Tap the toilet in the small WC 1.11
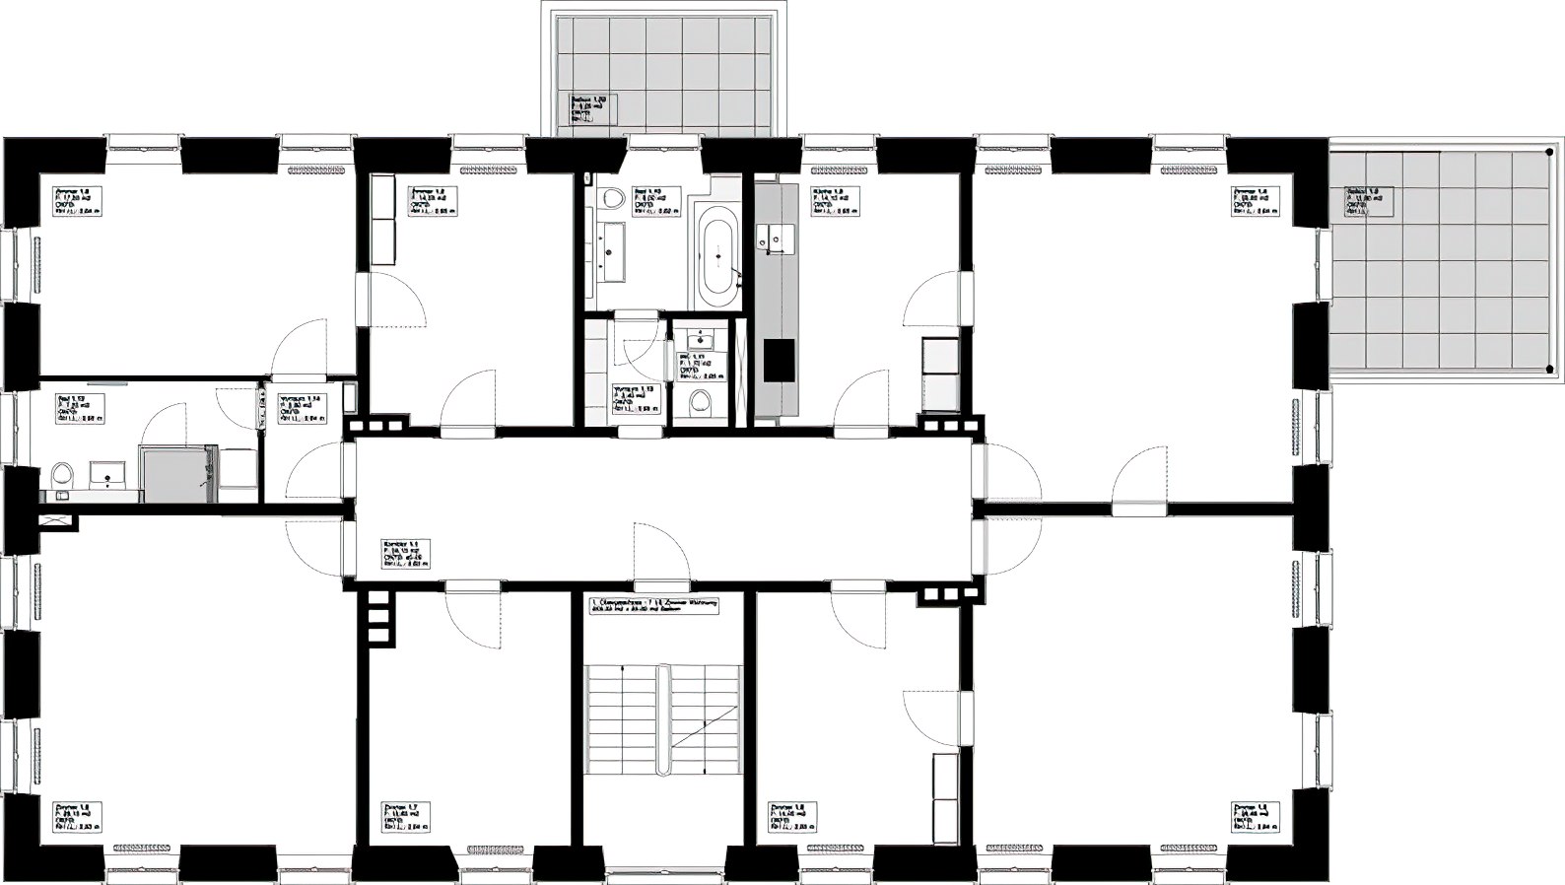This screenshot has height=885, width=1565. [x=701, y=400]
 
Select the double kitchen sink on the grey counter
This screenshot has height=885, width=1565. [x=776, y=238]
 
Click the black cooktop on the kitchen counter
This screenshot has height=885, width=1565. [x=780, y=360]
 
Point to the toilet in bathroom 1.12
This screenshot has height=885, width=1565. [x=63, y=476]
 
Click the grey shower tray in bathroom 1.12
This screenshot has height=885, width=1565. [x=177, y=474]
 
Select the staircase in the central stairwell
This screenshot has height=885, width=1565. [x=662, y=720]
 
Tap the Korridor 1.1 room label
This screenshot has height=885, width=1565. [x=405, y=554]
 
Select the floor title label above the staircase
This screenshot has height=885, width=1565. [x=653, y=605]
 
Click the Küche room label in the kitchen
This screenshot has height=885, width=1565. [x=835, y=201]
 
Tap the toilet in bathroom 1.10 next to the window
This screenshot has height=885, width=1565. [x=615, y=199]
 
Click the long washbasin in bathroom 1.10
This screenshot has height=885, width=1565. [x=610, y=251]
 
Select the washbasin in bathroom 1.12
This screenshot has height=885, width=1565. [x=104, y=475]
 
